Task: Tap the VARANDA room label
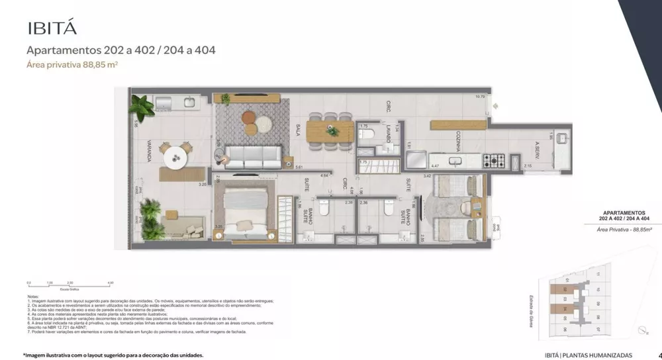(x=151, y=152)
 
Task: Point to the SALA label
(x=299, y=128)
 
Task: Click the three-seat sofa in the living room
(x=252, y=156)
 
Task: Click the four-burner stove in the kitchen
(x=495, y=159)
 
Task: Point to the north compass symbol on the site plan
(x=640, y=330)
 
